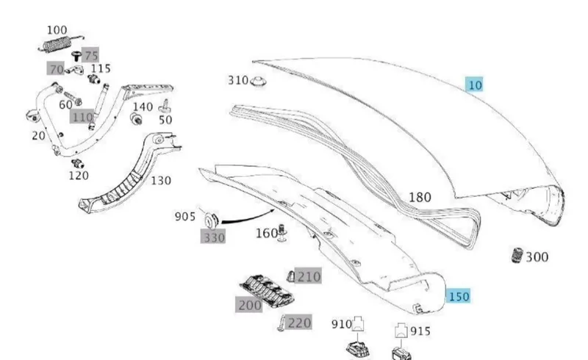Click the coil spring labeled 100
tap(60, 44)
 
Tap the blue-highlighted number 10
tap(475, 85)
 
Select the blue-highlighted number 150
tap(458, 296)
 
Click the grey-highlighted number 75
tap(90, 56)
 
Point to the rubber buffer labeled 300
tap(517, 255)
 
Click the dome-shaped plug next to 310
tap(258, 81)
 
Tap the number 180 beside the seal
tap(420, 197)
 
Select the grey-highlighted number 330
tap(213, 237)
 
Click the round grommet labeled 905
tap(212, 220)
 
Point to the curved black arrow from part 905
tap(248, 219)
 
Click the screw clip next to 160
tap(282, 232)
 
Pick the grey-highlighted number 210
tap(308, 276)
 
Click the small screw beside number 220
tap(281, 323)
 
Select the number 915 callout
tap(420, 331)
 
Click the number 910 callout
tap(342, 324)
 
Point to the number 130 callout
tap(161, 181)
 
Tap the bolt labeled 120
tap(78, 164)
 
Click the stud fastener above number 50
tap(164, 107)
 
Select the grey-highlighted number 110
tap(82, 117)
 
